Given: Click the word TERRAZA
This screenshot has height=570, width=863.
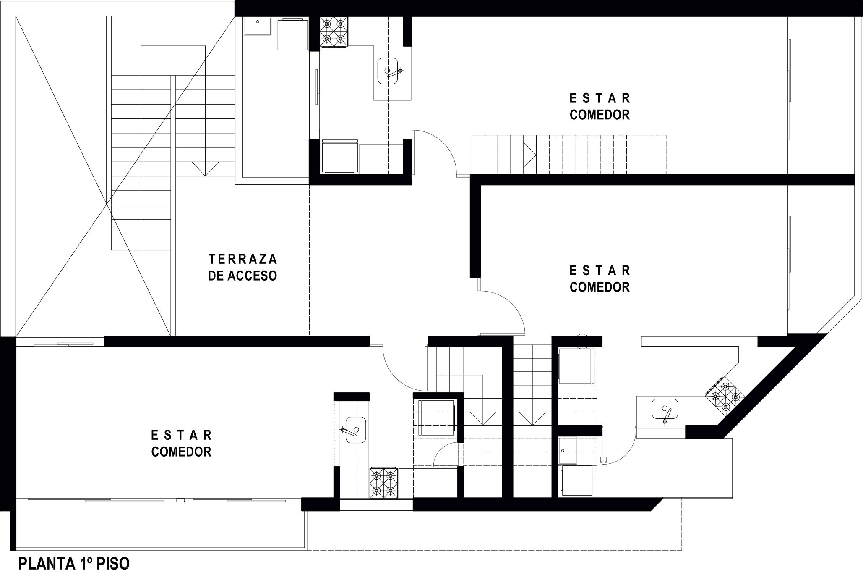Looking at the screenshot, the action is (x=242, y=258).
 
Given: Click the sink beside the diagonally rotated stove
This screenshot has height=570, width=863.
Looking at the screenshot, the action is (x=665, y=410).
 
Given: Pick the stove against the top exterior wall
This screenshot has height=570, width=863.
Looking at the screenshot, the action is (x=334, y=32).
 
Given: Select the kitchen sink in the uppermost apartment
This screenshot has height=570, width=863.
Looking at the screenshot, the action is (x=389, y=71).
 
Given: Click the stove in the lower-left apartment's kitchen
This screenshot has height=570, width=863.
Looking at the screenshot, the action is (x=383, y=483).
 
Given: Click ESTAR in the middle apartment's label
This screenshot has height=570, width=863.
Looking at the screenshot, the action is (x=600, y=269).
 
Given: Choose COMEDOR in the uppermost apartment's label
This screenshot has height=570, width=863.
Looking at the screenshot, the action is (x=600, y=115).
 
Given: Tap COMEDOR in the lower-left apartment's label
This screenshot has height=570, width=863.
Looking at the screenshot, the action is (x=181, y=452).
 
